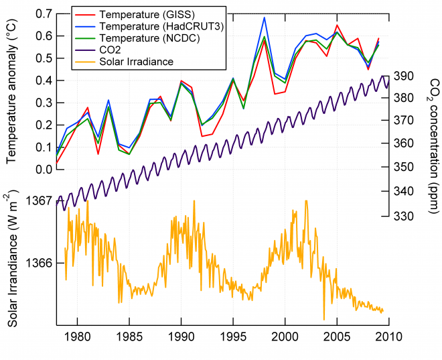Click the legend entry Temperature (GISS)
[137, 13]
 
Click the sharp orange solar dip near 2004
[323, 320]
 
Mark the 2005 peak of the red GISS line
[337, 25]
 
